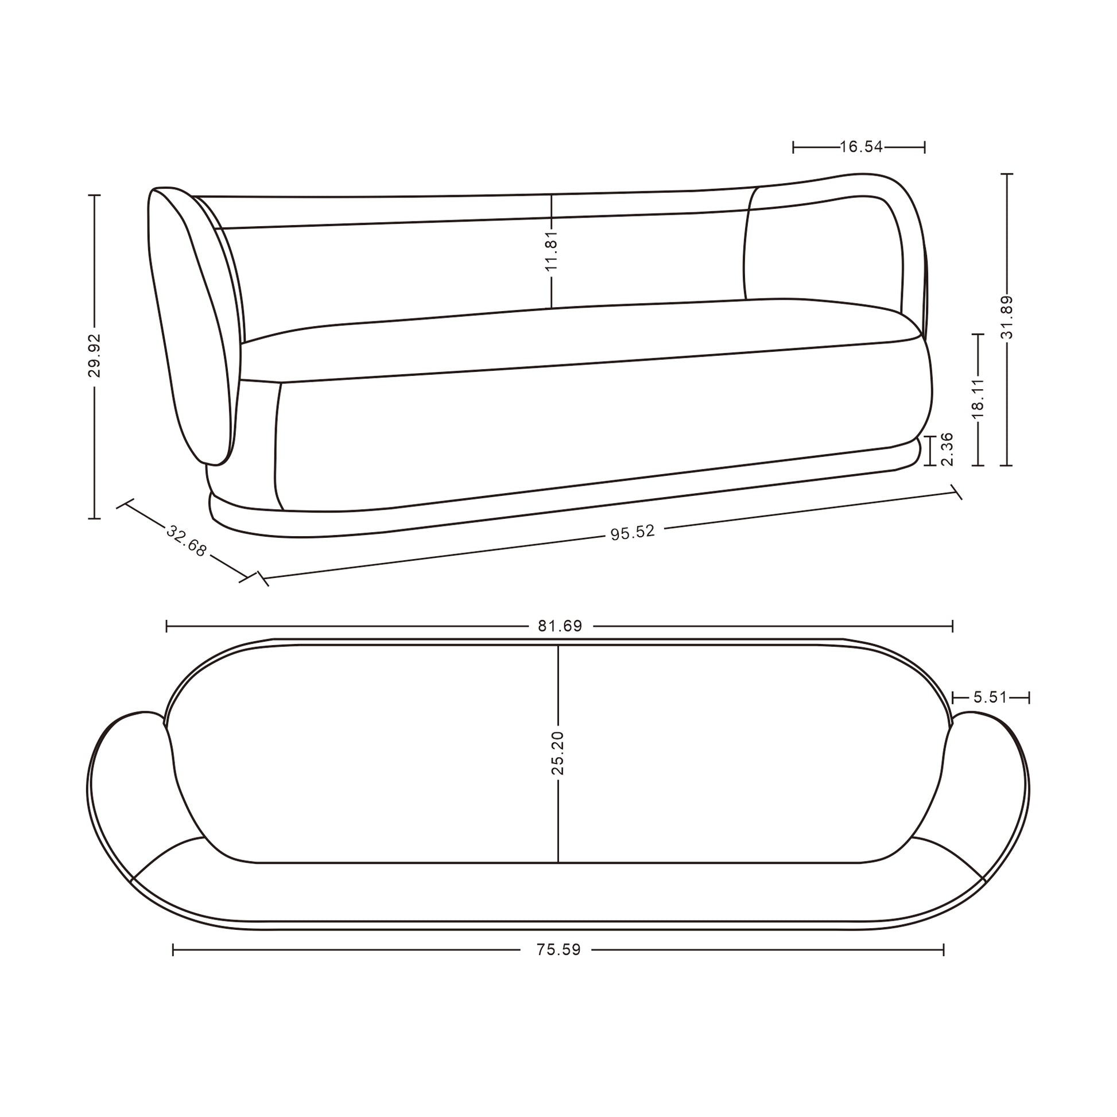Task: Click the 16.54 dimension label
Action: point(861,147)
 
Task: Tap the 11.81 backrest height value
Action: point(552,249)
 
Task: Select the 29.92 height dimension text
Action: point(94,355)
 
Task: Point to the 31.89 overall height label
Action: point(1007,317)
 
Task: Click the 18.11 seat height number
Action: point(978,398)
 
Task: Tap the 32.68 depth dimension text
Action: point(185,541)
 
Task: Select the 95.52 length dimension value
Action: point(633,532)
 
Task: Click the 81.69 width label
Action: point(560,626)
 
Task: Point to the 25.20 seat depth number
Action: point(557,753)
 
